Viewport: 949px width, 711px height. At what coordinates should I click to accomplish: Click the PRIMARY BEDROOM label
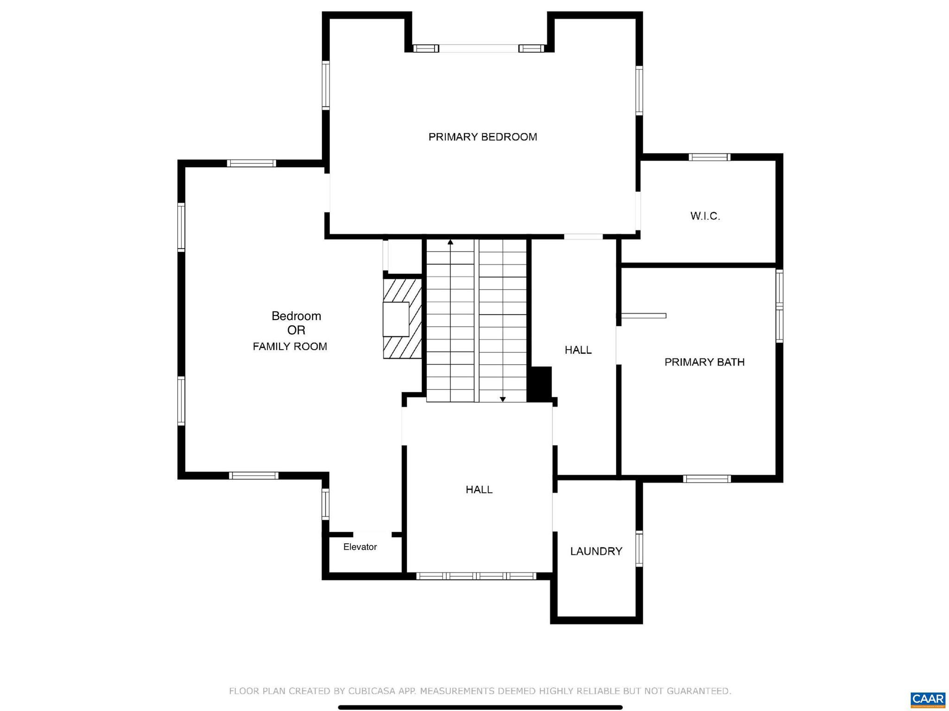click(x=482, y=137)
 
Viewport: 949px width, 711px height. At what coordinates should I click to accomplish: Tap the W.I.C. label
click(x=705, y=216)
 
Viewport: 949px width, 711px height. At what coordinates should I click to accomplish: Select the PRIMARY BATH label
click(x=704, y=362)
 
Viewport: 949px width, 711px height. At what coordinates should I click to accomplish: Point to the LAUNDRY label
click(x=596, y=551)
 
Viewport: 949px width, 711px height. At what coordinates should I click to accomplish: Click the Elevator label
click(x=360, y=547)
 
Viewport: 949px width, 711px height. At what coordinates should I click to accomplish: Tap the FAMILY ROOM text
click(x=290, y=346)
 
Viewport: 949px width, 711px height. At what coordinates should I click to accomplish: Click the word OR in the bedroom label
click(x=296, y=330)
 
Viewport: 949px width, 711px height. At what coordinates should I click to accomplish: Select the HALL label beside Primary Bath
click(x=578, y=350)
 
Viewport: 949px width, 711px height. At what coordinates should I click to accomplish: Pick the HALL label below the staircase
click(x=479, y=490)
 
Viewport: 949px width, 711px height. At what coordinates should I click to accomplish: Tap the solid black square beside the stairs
click(x=540, y=384)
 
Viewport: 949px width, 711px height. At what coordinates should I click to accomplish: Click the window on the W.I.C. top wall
click(x=709, y=157)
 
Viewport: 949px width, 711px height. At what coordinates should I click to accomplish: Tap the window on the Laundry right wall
click(x=639, y=549)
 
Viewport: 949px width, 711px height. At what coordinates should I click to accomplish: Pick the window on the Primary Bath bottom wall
click(x=707, y=479)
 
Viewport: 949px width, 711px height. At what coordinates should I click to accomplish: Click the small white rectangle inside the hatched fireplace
click(x=396, y=319)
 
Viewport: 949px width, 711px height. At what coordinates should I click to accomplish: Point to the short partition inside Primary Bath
click(x=644, y=316)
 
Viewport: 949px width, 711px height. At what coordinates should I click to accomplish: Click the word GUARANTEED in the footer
click(x=699, y=691)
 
